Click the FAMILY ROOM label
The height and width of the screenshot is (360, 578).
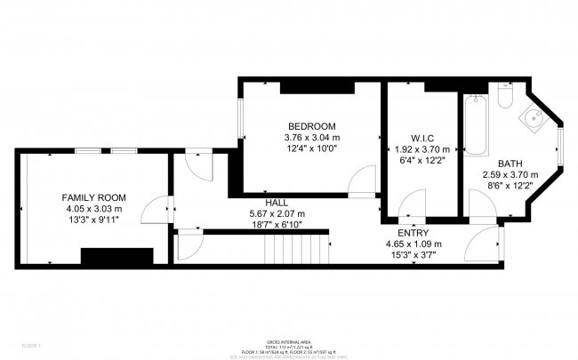(x=92, y=196)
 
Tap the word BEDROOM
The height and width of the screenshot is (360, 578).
(x=311, y=125)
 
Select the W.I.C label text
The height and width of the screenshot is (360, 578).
(x=421, y=138)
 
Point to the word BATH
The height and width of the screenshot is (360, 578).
(x=510, y=164)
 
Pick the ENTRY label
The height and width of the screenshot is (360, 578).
(x=413, y=234)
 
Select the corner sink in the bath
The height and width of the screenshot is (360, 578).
(x=535, y=117)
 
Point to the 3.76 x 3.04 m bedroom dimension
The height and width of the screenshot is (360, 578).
(x=311, y=137)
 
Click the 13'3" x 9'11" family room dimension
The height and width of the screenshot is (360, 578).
(x=92, y=220)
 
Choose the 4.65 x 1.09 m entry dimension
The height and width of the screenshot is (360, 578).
(x=413, y=244)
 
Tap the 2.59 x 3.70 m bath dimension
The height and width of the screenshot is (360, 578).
(x=510, y=175)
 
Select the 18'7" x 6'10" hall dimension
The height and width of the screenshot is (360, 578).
(x=277, y=225)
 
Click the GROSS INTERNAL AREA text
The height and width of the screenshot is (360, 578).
(x=288, y=342)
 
